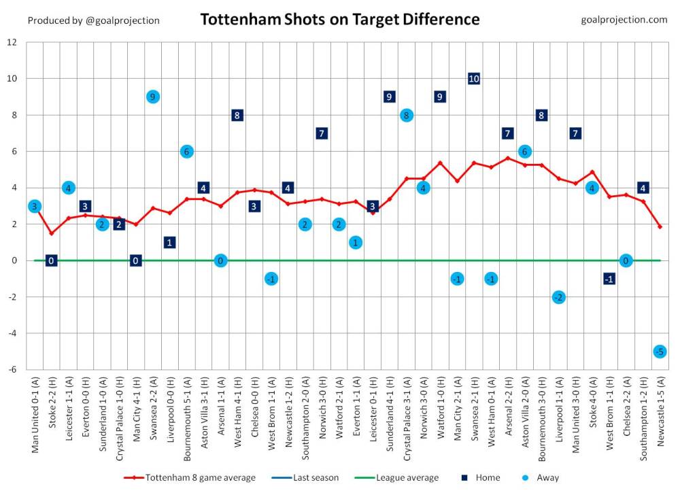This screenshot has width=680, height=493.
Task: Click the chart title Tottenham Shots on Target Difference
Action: (339, 19)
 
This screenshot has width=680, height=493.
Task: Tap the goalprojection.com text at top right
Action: (624, 20)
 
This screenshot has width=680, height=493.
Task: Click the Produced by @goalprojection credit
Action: (94, 20)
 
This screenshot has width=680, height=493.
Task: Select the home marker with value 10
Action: (474, 79)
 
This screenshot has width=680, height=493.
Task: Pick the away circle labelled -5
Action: (660, 352)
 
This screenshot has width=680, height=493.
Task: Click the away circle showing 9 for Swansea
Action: (153, 97)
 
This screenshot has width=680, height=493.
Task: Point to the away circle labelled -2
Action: (558, 297)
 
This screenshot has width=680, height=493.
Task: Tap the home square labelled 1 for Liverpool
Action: (170, 242)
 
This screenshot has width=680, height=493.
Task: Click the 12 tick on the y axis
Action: (12, 42)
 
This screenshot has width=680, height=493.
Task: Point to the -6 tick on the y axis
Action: (12, 370)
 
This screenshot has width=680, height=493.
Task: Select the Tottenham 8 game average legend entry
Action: (190, 477)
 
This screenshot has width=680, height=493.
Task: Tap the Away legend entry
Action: (541, 477)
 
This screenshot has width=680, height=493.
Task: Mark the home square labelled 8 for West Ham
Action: (237, 115)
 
